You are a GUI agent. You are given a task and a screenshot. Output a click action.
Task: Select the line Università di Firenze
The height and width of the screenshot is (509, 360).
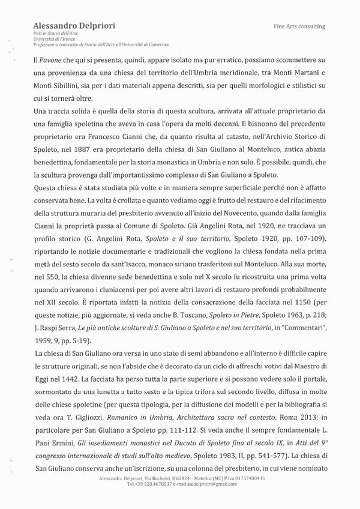point(50,39)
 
